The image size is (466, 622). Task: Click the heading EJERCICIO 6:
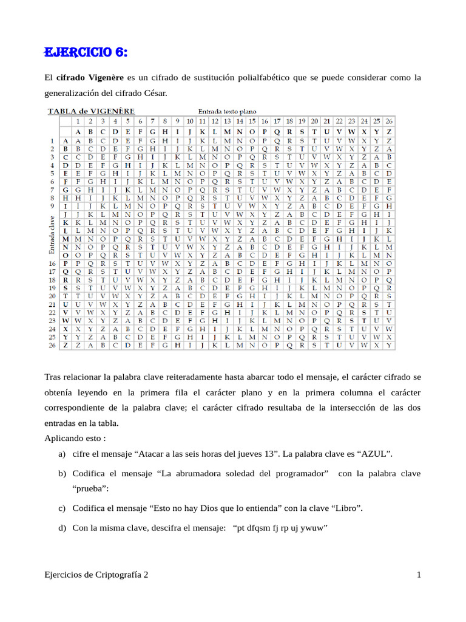tap(86, 53)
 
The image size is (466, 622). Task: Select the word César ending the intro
tap(153, 94)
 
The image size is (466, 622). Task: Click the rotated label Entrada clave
tap(52, 235)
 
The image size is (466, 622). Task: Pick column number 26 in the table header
tap(389, 121)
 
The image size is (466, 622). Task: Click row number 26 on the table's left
tap(52, 346)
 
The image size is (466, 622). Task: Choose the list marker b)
tap(62, 473)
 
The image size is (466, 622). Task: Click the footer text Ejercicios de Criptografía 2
tap(96, 575)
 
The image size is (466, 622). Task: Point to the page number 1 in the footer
tap(419, 575)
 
